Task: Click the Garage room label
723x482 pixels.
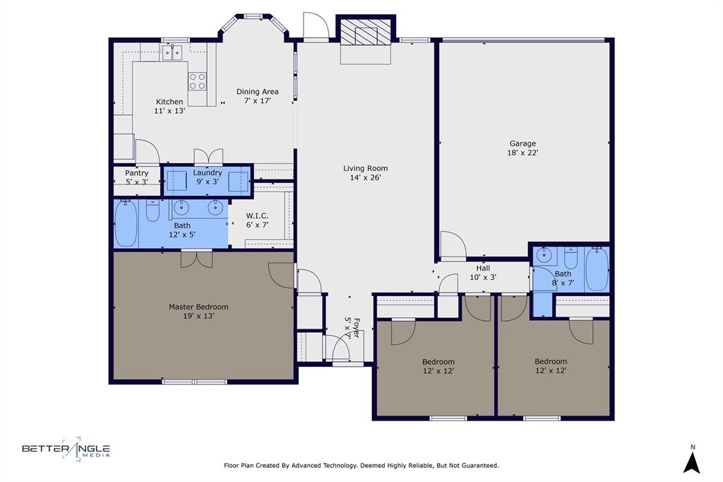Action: point(522,148)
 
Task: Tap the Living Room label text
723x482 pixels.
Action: point(365,173)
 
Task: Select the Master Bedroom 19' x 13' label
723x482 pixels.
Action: point(198,312)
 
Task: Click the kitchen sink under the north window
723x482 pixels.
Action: point(172,52)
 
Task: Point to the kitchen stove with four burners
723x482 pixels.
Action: point(197,81)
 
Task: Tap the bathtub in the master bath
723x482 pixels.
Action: point(126,224)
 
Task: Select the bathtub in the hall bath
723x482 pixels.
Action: point(597,269)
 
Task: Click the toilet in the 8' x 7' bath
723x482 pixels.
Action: point(570,258)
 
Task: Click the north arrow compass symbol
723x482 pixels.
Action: point(693,461)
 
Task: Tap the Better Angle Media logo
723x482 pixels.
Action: point(66,449)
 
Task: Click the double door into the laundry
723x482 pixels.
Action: point(208,157)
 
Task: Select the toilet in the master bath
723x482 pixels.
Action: point(153,211)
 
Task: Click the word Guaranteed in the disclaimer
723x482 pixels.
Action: point(477,466)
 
